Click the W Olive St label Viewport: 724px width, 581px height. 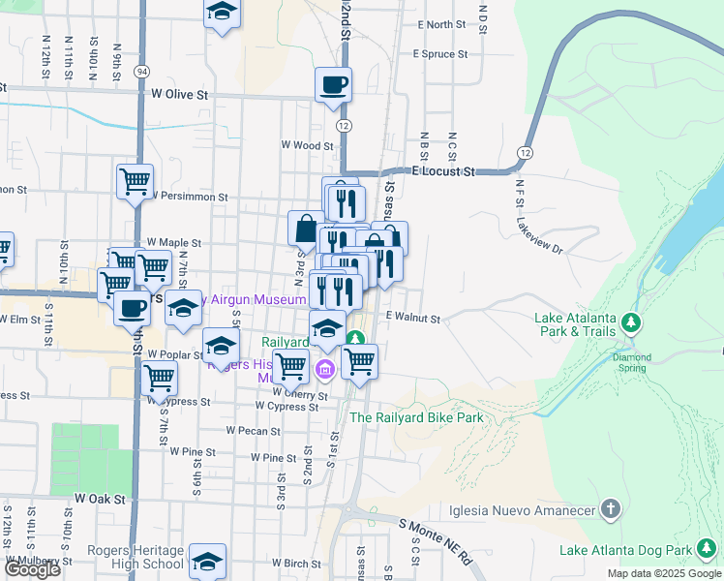pos(180,95)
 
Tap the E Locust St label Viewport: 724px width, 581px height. pos(443,171)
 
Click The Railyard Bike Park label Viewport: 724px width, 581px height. pos(416,417)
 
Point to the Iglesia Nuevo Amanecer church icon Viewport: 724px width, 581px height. pos(610,507)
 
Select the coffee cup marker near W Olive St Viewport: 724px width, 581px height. pos(333,84)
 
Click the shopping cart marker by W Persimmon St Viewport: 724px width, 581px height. pos(135,181)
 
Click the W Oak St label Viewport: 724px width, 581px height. pos(101,498)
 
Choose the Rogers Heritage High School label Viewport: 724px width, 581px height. pos(135,557)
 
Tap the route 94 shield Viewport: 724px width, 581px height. pos(142,73)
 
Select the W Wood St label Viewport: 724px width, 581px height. pos(307,145)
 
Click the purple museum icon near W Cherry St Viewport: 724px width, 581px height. pos(324,368)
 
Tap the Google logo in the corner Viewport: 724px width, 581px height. pos(32,569)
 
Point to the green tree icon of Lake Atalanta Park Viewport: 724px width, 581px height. pos(631,321)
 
